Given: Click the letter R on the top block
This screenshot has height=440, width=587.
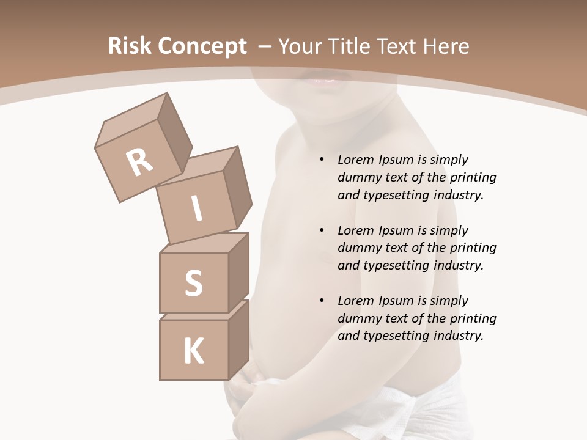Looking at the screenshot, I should tap(139, 163).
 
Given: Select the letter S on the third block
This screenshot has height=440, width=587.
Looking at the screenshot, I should tap(193, 283).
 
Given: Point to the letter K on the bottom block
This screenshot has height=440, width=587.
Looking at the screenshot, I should tap(194, 351).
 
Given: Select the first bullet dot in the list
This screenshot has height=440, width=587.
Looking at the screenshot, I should tap(322, 160).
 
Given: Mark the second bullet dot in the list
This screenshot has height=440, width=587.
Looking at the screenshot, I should tap(322, 230).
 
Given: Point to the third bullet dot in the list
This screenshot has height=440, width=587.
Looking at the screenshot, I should tap(322, 301).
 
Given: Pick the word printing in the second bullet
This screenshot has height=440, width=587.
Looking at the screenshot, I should tap(473, 248).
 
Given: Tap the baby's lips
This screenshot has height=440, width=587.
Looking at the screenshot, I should tap(324, 78).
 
